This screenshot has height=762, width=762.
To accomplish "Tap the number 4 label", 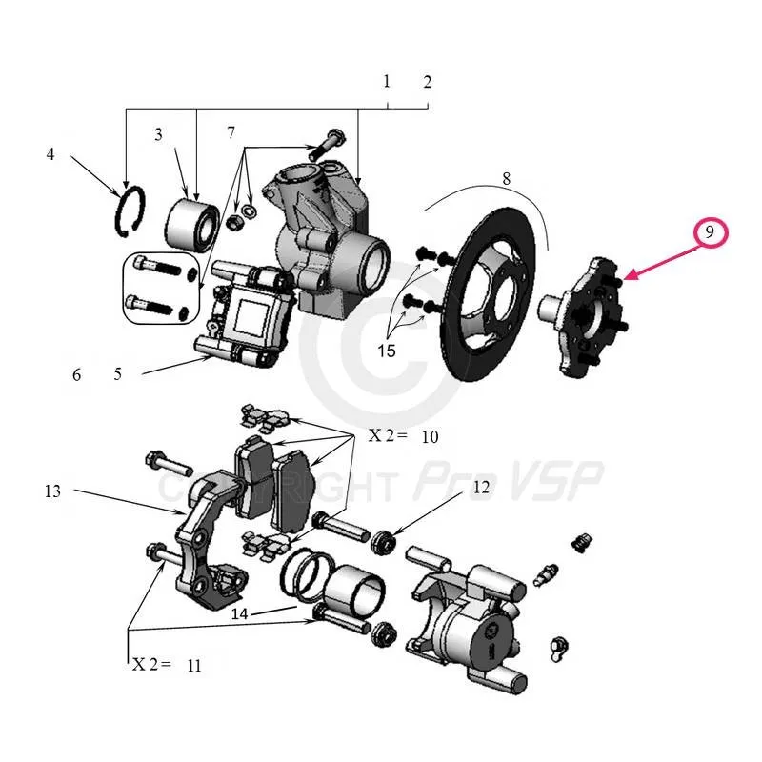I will [x=50, y=153].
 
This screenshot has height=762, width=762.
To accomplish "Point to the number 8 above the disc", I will [x=506, y=178].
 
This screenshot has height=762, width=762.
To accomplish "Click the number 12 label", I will [x=480, y=488].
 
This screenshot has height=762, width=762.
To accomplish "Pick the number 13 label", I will [x=52, y=491].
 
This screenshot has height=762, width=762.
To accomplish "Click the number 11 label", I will [x=194, y=666].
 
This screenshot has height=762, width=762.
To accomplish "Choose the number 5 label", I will [x=117, y=374].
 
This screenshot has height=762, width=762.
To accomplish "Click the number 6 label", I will [x=77, y=374].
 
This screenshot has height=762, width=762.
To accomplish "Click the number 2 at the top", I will [x=428, y=82].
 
